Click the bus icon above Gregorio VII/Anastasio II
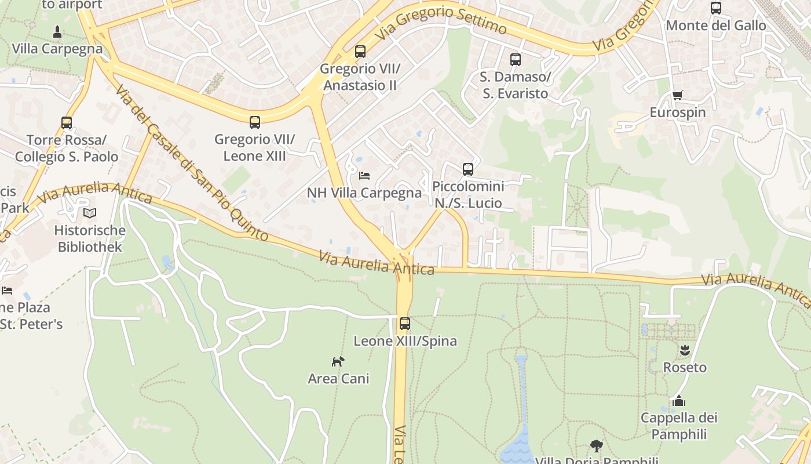point(360,52)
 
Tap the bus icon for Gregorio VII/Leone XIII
point(255,122)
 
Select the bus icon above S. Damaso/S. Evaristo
point(515,60)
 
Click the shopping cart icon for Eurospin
point(677,96)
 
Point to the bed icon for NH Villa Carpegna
point(364,175)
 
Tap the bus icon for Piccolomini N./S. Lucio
point(468,169)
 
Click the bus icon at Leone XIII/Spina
point(405,324)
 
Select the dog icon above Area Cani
point(338,361)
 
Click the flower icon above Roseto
point(685,350)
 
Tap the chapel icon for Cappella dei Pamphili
point(678,401)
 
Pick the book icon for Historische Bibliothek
point(90,213)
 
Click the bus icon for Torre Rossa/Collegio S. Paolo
point(67,123)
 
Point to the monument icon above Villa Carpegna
point(57,32)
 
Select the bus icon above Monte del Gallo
point(716,8)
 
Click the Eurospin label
point(678,113)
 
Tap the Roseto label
point(685,367)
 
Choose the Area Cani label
point(338,379)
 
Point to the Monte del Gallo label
point(716,26)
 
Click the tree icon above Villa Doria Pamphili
point(596,446)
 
